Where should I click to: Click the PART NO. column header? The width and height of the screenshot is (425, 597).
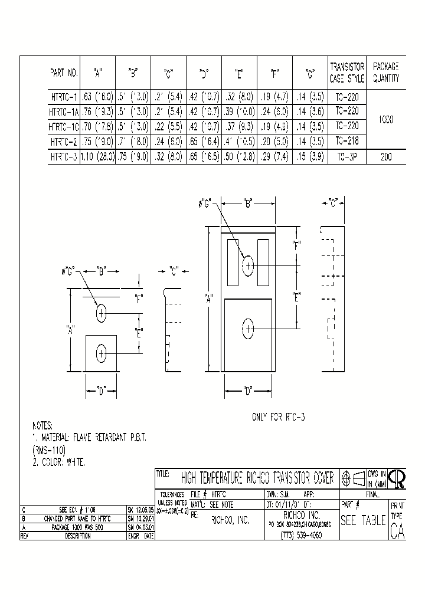click(64, 73)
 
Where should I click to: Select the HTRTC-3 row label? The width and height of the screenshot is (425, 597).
click(64, 157)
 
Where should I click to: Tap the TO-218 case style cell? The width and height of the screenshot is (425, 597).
click(347, 142)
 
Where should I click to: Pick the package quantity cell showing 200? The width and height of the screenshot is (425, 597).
click(386, 157)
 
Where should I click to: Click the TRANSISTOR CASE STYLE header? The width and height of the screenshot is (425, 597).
click(347, 73)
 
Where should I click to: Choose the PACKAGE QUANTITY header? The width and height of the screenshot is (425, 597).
click(386, 73)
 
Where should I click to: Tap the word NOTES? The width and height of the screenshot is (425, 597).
click(42, 425)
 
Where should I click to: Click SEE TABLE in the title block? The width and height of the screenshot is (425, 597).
click(363, 521)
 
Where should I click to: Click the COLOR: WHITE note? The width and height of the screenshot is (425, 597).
click(59, 463)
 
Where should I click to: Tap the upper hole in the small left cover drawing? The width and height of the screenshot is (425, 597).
click(101, 313)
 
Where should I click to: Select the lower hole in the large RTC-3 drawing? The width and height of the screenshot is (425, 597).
click(248, 327)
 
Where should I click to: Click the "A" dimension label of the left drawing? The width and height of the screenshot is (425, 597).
click(71, 331)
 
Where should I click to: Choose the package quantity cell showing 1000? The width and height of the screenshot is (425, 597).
click(386, 119)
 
